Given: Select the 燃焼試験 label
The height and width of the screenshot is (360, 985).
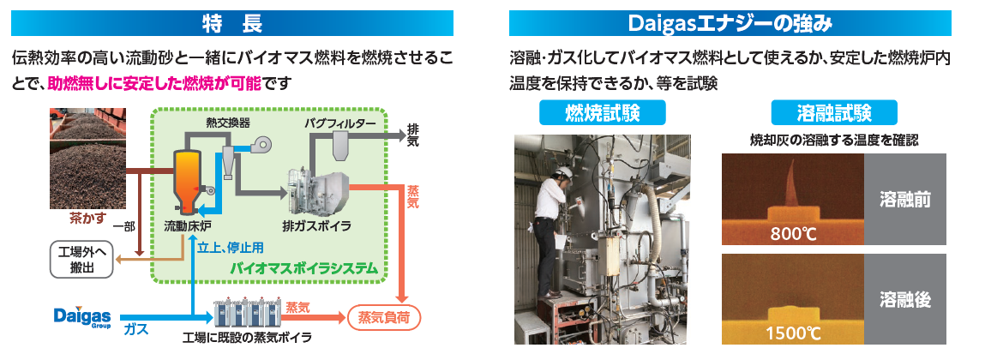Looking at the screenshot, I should [x=603, y=113].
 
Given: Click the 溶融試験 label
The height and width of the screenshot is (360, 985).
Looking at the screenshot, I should [x=834, y=113].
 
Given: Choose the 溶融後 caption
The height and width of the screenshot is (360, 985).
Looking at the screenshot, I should [x=904, y=299].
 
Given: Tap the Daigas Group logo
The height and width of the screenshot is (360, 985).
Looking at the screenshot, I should [x=80, y=316].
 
